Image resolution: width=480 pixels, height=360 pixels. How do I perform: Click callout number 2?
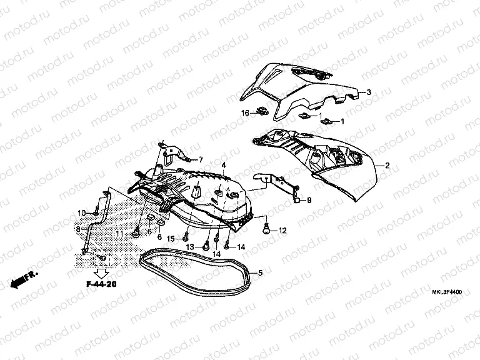(387, 166)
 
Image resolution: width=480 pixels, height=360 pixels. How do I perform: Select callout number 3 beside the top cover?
(369, 92)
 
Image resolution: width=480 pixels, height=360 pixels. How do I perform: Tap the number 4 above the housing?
(223, 164)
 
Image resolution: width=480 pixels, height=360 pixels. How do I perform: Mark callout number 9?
(308, 200)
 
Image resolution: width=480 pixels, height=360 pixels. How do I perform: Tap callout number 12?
(282, 231)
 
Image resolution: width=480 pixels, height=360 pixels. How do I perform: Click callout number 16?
(228, 112)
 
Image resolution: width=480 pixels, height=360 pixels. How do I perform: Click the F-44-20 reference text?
(102, 285)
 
